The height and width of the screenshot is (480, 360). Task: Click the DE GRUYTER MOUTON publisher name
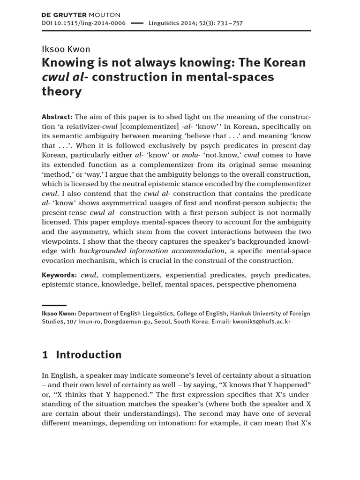point(81,15)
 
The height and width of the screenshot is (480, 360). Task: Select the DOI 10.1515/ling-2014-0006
point(84,23)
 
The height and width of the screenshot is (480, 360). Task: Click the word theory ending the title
point(62,91)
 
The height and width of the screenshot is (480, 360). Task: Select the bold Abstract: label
point(57,117)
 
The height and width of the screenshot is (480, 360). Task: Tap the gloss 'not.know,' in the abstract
point(237,155)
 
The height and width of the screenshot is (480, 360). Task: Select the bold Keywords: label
point(59,275)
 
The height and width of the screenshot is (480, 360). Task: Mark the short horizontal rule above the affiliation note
point(54,305)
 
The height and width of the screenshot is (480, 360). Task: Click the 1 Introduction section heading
point(82,355)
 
